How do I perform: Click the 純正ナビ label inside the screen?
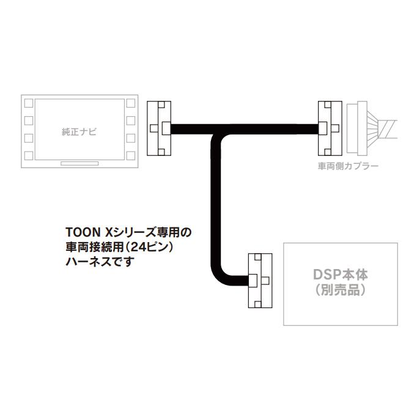79,132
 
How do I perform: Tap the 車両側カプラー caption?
348,166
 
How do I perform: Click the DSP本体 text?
341,275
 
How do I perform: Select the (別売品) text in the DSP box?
341,290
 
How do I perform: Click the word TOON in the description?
83,232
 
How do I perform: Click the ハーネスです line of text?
99,262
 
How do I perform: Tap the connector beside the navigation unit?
159,128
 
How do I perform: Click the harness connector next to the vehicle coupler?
330,128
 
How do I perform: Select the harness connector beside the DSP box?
260,281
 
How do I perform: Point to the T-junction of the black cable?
216,130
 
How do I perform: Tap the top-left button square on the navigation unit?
29,103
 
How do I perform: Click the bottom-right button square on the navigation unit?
131,156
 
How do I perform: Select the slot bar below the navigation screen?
79,163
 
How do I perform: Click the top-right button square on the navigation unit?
131,103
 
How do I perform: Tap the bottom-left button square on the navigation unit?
29,156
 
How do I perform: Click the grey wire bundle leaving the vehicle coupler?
382,129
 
